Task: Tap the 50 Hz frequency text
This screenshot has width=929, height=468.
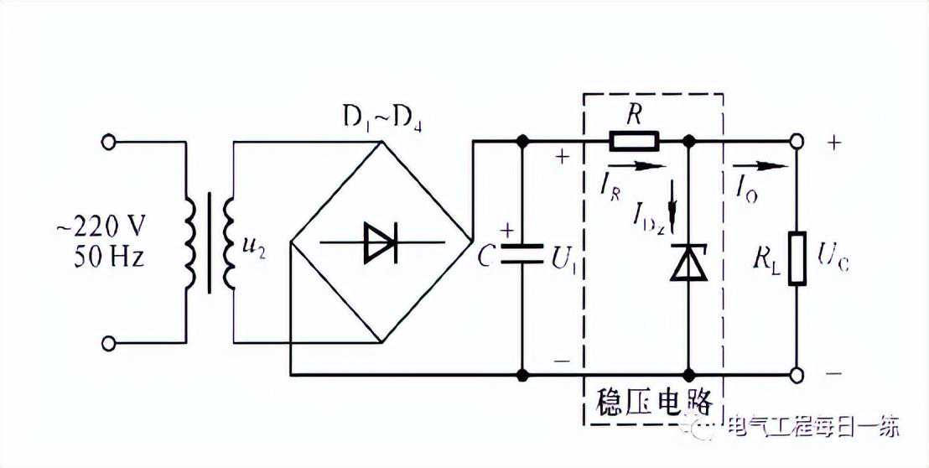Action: point(109,257)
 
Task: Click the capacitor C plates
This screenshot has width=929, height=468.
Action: point(522,253)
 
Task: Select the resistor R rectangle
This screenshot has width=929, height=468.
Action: point(633,142)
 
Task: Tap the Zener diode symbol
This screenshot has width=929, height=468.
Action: point(688,261)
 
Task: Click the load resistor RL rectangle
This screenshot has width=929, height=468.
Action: point(797,259)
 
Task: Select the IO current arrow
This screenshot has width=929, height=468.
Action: point(760,166)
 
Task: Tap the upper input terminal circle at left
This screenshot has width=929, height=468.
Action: point(107,143)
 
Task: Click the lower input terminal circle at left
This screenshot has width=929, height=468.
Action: point(107,343)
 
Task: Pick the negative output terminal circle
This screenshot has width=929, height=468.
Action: point(797,375)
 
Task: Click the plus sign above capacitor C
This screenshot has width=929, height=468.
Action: point(508,231)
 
